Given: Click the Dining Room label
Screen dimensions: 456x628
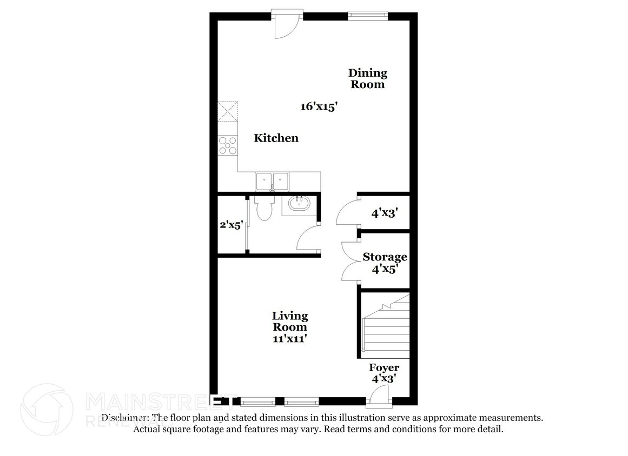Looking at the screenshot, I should [368, 78].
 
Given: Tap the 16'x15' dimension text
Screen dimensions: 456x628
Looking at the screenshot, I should [319, 107].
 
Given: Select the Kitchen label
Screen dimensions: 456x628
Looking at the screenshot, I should [276, 138].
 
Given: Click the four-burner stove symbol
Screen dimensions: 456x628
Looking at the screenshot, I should [228, 145].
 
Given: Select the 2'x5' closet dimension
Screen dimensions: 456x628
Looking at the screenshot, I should [231, 225].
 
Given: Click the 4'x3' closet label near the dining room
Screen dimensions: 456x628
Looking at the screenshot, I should [385, 213].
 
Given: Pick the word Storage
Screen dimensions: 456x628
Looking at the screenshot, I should [385, 257].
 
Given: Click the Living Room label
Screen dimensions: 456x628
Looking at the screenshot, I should [290, 321].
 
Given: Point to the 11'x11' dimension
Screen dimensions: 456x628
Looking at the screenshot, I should [290, 339].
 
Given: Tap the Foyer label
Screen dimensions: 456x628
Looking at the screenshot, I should [384, 368].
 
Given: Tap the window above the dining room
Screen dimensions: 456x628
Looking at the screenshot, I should [368, 16].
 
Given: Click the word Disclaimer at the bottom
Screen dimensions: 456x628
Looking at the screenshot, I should [125, 418].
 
